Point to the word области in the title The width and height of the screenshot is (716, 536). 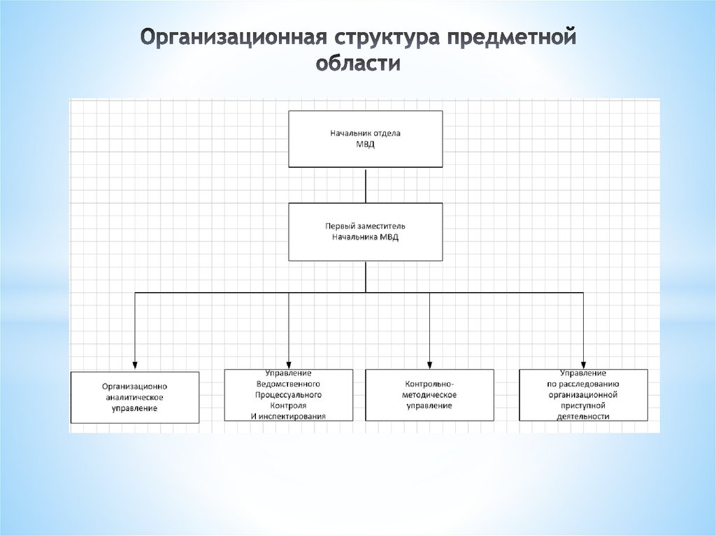pyautogui.click(x=357, y=64)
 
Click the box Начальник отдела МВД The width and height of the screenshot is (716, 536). pyautogui.click(x=365, y=138)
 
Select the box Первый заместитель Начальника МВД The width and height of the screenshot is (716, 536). pyautogui.click(x=365, y=231)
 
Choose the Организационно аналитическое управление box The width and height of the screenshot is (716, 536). pyautogui.click(x=135, y=397)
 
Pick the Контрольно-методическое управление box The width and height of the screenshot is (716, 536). pyautogui.click(x=429, y=395)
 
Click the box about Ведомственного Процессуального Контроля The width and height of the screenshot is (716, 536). pyautogui.click(x=288, y=395)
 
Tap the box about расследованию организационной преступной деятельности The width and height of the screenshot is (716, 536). pyautogui.click(x=583, y=395)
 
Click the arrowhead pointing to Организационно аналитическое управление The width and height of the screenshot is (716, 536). pyautogui.click(x=135, y=365)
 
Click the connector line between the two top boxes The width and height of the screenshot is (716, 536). pyautogui.click(x=365, y=184)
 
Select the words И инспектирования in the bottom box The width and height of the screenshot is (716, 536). pyautogui.click(x=288, y=417)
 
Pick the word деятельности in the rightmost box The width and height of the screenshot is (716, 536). pyautogui.click(x=583, y=417)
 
